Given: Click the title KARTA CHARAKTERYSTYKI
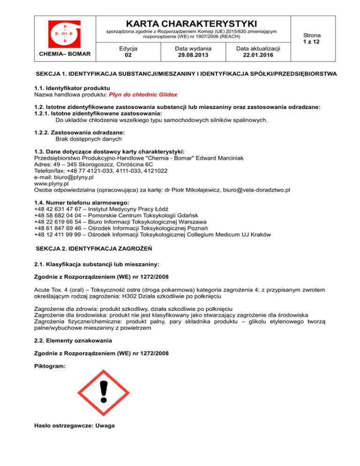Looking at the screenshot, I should [193, 23].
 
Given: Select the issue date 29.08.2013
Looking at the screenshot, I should [193, 55].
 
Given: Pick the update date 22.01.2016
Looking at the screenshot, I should [258, 55].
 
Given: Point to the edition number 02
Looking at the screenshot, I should [128, 55].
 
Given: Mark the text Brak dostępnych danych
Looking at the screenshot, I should [89, 139].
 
